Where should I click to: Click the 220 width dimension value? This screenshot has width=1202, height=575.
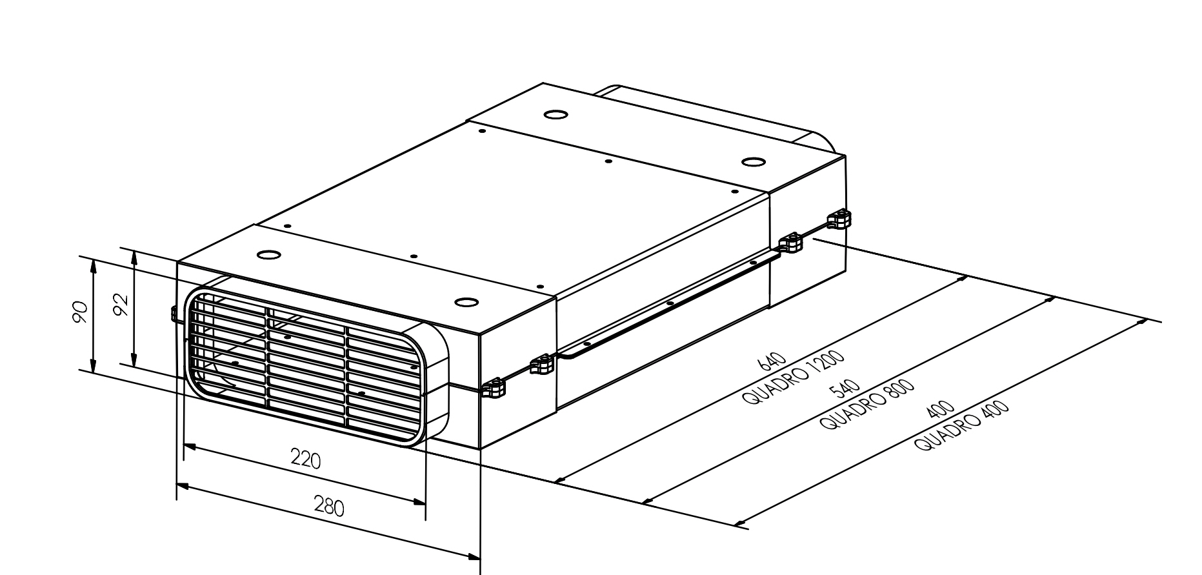305,459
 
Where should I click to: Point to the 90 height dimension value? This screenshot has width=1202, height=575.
79,312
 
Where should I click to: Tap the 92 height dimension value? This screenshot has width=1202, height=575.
120,304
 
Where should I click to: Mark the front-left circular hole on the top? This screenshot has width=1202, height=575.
268,254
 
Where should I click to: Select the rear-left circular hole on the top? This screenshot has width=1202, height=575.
556,115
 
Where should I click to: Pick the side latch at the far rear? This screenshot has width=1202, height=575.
839,219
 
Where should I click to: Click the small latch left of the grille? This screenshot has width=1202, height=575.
174,314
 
